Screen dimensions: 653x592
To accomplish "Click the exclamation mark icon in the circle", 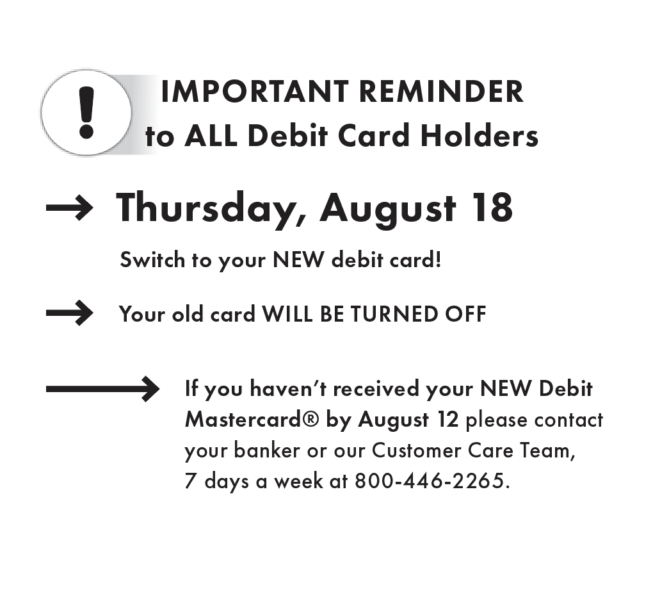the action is (86, 113).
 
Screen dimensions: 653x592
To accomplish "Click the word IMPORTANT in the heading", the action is (255, 92).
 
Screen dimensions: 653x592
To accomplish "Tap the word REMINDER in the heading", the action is (440, 92).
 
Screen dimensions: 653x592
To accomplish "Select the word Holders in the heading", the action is (480, 136).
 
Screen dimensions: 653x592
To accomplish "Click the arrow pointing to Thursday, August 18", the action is (70, 207).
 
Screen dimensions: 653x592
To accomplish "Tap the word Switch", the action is (152, 259).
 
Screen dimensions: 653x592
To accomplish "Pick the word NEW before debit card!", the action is (298, 259).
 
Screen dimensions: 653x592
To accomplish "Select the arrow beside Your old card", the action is (70, 313).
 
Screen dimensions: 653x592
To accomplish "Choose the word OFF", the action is (465, 314).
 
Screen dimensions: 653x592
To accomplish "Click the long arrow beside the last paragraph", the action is (102, 389).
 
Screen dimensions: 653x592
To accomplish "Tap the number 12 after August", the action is (447, 420).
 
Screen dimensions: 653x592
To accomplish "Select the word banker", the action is (266, 450).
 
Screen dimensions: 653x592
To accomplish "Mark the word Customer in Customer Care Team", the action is (416, 450).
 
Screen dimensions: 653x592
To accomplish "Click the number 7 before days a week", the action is (190, 481).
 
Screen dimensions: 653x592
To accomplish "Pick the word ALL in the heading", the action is (211, 136).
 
